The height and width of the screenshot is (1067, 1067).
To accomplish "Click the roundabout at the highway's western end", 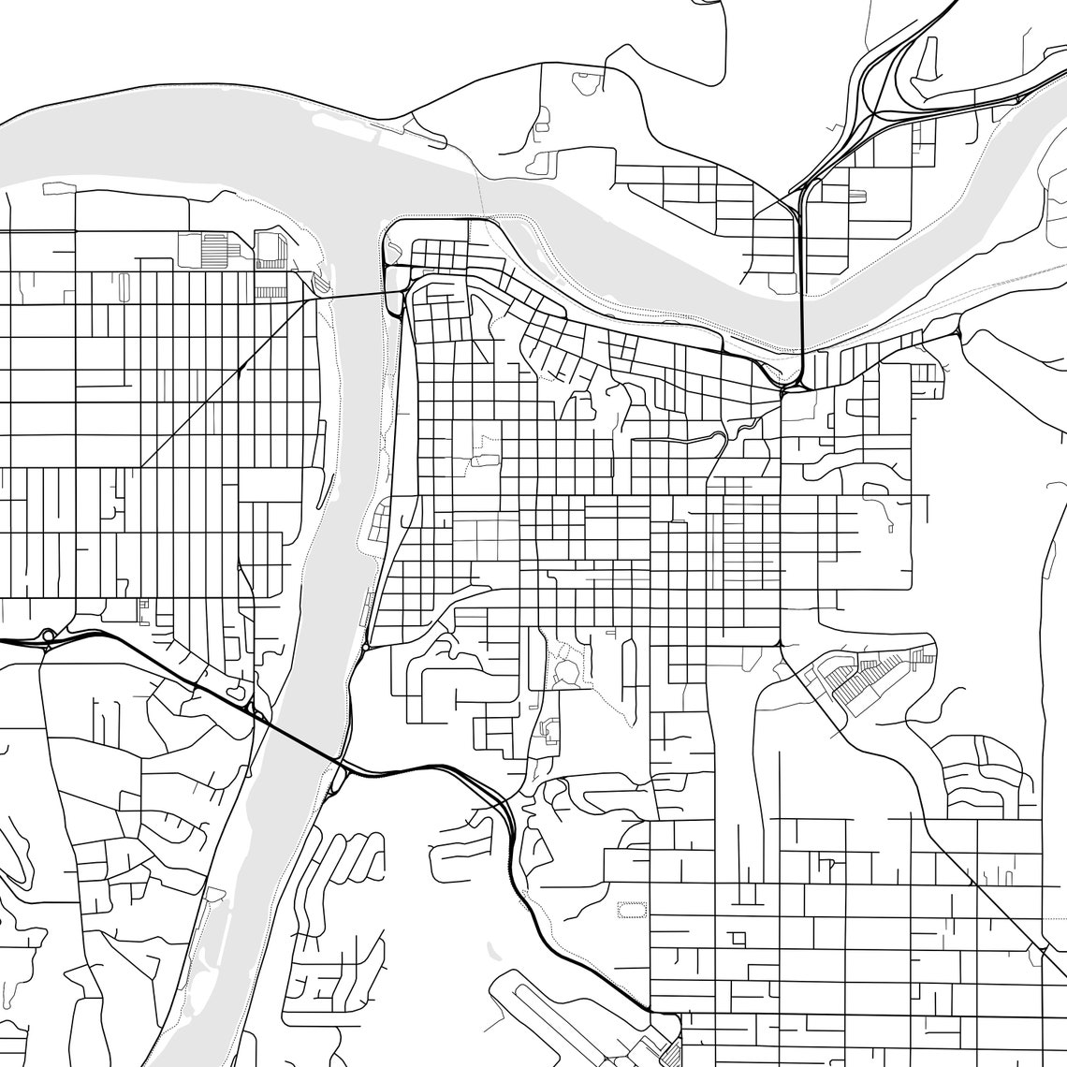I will coord(48,636).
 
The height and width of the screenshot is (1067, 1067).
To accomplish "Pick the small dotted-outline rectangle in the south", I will coord(632,908).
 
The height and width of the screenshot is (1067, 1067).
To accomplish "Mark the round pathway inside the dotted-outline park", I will coord(566,672).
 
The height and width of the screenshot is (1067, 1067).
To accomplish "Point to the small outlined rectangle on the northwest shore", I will coord(59,188).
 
